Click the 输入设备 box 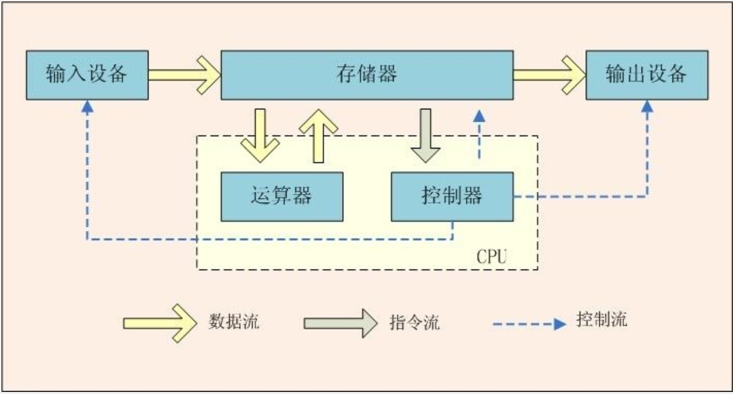87,74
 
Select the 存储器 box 367,74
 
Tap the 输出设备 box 646,74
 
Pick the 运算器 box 282,196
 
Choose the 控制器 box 451,196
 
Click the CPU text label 492,257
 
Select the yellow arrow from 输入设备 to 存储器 184,74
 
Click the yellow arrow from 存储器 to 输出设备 549,74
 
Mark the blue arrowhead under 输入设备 87,107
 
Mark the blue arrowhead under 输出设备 646,107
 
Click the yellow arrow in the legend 157,322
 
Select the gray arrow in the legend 340,322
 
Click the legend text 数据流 234,321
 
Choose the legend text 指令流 414,322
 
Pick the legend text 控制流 602,320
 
